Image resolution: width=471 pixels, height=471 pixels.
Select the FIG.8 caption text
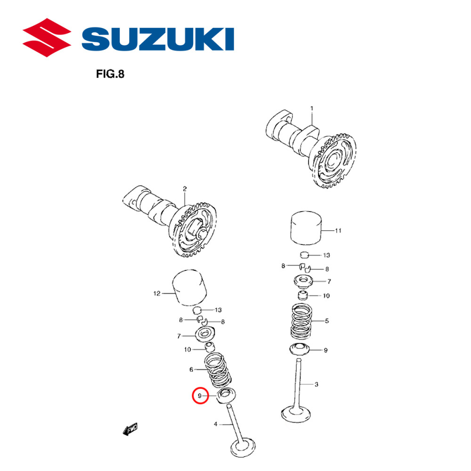[110, 74]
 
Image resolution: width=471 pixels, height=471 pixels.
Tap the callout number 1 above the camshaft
[311, 108]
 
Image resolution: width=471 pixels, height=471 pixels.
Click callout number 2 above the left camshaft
[185, 189]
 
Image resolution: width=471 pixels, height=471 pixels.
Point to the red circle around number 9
[200, 396]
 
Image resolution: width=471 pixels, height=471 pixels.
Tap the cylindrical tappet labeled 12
[190, 288]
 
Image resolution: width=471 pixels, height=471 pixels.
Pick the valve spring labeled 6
[219, 370]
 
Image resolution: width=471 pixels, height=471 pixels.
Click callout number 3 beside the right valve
[317, 384]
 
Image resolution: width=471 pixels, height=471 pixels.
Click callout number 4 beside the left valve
[216, 424]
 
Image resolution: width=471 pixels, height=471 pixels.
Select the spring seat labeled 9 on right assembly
[300, 349]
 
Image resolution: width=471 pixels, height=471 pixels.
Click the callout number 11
[338, 231]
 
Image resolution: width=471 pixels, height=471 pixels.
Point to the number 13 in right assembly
[326, 255]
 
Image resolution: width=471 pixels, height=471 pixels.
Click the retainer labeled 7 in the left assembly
[204, 336]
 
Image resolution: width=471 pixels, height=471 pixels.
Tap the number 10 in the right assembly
[326, 296]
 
